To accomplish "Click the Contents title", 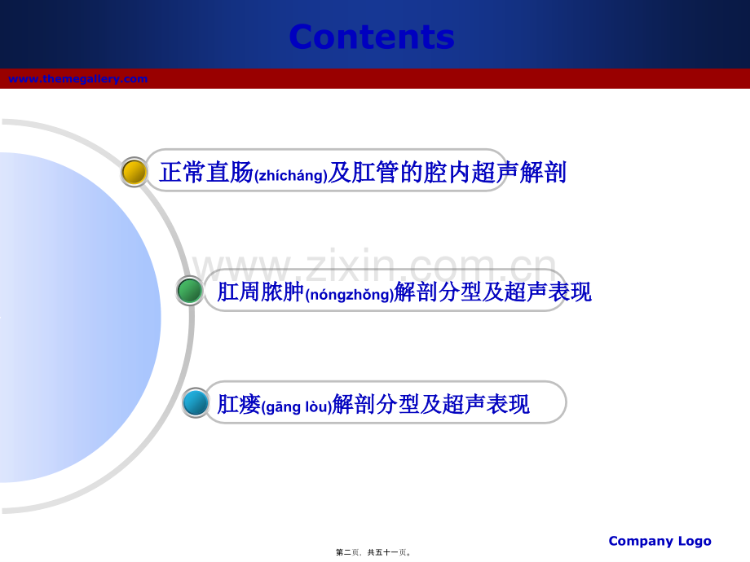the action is point(372,37).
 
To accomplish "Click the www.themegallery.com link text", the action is point(78,79).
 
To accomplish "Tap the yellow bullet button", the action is point(134,172).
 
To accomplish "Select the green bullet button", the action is point(190,291).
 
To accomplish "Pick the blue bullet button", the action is point(196,402).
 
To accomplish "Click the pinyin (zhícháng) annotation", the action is point(291,175).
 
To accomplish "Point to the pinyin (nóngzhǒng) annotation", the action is point(349,294).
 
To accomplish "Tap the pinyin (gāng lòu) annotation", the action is point(297,406).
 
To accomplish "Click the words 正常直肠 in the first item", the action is point(206,172).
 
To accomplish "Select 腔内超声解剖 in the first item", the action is point(495,172).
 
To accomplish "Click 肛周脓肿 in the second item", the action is point(261,292).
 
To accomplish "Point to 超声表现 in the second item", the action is point(548,292).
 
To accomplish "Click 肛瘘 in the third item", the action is point(239,404).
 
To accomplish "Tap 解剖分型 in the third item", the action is point(376,404).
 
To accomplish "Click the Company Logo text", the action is point(660,541).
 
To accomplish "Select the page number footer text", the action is point(373,552).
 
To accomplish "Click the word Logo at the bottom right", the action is point(695,541).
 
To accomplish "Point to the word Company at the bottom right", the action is point(641,541).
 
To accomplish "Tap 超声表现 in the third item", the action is point(486,404).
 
